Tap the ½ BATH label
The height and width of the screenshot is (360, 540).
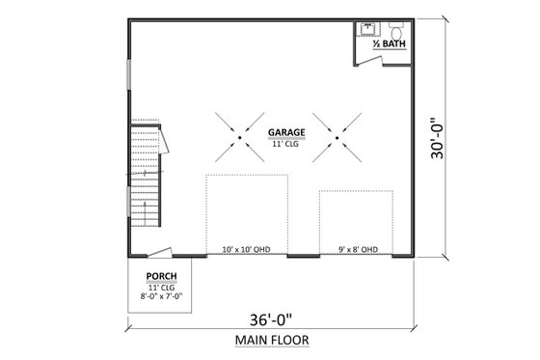[389, 44]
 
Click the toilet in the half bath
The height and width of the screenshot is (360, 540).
[396, 29]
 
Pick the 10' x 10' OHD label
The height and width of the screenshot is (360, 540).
[246, 250]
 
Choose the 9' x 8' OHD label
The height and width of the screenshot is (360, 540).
[357, 250]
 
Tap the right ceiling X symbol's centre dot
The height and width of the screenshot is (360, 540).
[336, 138]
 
